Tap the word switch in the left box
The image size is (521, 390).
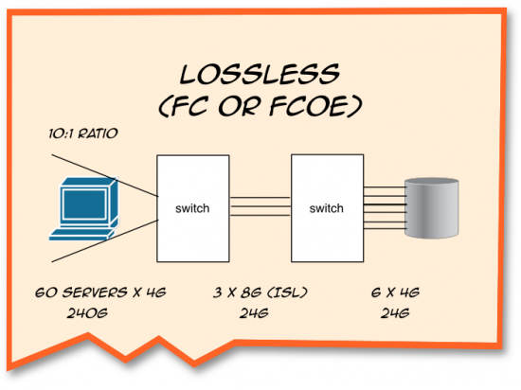pos(191,206)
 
